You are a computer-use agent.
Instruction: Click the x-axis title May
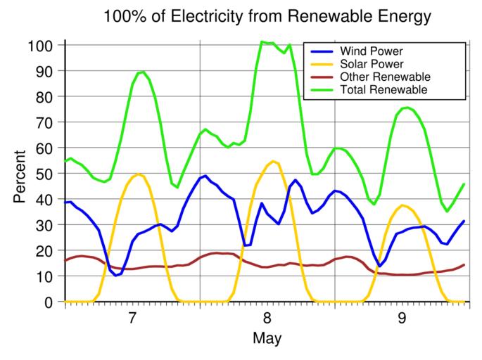(x=267, y=339)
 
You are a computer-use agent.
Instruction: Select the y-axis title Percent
(x=20, y=174)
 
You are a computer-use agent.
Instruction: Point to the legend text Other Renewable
(x=384, y=77)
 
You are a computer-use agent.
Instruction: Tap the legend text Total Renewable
(x=383, y=90)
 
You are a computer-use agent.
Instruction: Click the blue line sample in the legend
(x=321, y=52)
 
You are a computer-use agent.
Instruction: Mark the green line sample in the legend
(x=321, y=90)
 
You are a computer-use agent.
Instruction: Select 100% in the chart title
(x=122, y=15)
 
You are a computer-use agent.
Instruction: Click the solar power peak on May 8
(x=274, y=162)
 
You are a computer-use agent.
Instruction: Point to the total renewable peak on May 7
(x=141, y=72)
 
